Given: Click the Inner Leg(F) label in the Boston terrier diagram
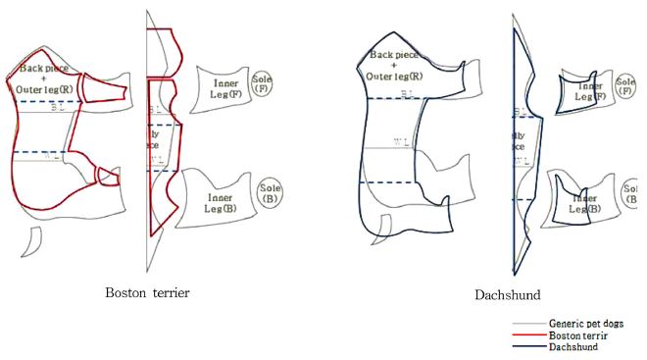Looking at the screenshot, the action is (225, 90).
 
